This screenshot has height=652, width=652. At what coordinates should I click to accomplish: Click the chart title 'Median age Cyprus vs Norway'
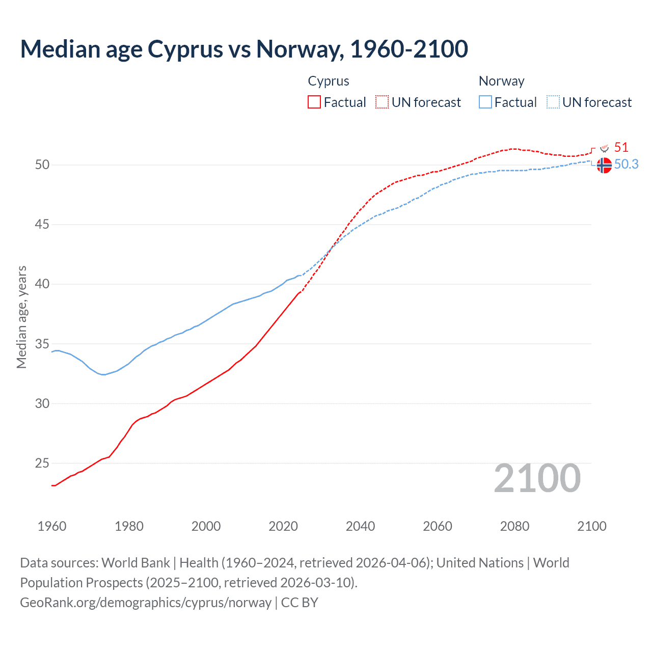pyautogui.click(x=243, y=49)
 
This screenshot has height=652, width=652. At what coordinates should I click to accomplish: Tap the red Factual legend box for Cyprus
pyautogui.click(x=314, y=102)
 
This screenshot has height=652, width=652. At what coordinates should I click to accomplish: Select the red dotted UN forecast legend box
pyautogui.click(x=382, y=102)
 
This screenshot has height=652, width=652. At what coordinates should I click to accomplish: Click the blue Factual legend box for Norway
pyautogui.click(x=485, y=102)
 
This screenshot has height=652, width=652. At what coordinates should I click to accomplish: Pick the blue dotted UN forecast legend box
pyautogui.click(x=553, y=102)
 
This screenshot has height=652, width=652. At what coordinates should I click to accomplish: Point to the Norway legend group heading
pyautogui.click(x=501, y=81)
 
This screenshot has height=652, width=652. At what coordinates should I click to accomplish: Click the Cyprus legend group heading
pyautogui.click(x=329, y=81)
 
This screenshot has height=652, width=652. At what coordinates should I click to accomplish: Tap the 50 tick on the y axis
pyautogui.click(x=42, y=165)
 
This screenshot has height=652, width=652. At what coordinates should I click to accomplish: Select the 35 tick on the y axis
pyautogui.click(x=42, y=344)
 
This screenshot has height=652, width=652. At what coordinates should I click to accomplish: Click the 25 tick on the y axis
pyautogui.click(x=42, y=463)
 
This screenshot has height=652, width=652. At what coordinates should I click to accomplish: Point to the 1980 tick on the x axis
pyautogui.click(x=129, y=526)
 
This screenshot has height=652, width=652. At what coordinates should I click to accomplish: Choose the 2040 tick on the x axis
pyautogui.click(x=360, y=526)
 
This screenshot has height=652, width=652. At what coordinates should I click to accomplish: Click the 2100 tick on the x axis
pyautogui.click(x=591, y=526)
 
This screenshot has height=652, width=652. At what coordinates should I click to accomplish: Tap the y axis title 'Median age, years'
pyautogui.click(x=21, y=317)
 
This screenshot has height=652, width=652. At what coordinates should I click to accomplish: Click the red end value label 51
pyautogui.click(x=621, y=148)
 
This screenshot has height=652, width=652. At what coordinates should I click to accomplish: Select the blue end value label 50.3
pyautogui.click(x=626, y=164)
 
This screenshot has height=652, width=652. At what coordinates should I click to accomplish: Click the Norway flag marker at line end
pyautogui.click(x=604, y=166)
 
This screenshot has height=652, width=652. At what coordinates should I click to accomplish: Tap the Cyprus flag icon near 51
pyautogui.click(x=605, y=148)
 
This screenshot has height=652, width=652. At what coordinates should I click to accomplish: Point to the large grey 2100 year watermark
pyautogui.click(x=537, y=478)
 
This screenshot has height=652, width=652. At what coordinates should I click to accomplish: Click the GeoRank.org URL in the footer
pyautogui.click(x=146, y=603)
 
